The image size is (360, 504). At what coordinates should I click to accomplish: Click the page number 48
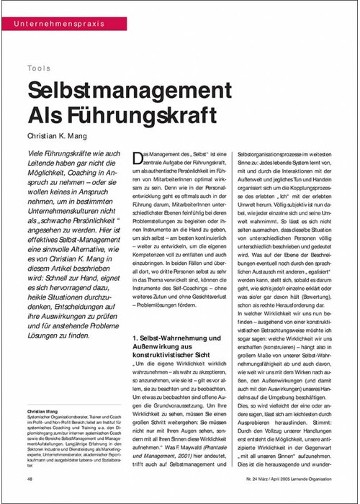click(x=30, y=478)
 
